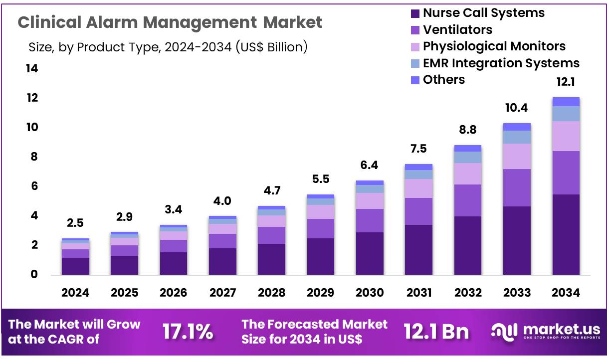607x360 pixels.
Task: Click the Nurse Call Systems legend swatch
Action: pyautogui.click(x=415, y=13)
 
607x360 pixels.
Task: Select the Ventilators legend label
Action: pyautogui.click(x=457, y=29)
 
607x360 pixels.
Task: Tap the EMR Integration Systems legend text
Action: pyautogui.click(x=501, y=63)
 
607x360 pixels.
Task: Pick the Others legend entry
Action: pyautogui.click(x=443, y=80)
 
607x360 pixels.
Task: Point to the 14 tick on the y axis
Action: pyautogui.click(x=32, y=69)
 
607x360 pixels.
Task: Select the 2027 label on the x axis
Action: pyautogui.click(x=222, y=293)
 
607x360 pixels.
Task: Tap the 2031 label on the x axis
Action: pyautogui.click(x=418, y=293)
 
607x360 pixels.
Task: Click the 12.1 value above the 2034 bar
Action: pyautogui.click(x=566, y=82)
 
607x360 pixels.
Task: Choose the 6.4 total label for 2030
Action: pyautogui.click(x=370, y=165)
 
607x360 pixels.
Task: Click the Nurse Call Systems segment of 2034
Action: pyautogui.click(x=566, y=234)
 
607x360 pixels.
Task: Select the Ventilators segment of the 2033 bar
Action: pyautogui.click(x=517, y=187)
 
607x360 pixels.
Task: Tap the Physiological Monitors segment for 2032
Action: pyautogui.click(x=468, y=174)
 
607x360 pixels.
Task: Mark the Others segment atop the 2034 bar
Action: pyautogui.click(x=566, y=102)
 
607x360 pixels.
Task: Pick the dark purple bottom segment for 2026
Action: pyautogui.click(x=174, y=263)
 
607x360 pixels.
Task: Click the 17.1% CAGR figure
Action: pyautogui.click(x=188, y=332)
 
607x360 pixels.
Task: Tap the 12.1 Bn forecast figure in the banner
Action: pyautogui.click(x=436, y=332)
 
